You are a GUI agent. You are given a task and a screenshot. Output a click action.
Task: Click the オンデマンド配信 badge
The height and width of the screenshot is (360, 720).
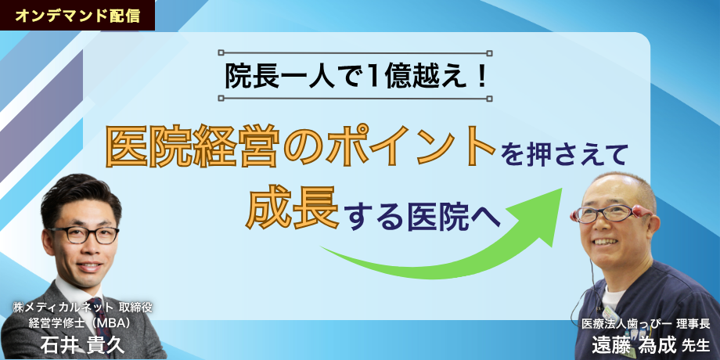point(77,15)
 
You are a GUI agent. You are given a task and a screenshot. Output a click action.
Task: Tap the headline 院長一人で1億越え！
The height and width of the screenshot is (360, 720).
point(356,76)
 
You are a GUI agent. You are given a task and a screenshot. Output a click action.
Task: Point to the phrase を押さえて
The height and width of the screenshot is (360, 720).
point(567,155)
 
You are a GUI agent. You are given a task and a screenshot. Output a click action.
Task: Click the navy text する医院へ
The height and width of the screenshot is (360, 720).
point(423,216)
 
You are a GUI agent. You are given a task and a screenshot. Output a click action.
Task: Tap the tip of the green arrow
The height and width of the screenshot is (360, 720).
point(562,189)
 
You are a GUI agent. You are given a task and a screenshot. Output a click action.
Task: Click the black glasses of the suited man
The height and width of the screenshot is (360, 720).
point(83,235)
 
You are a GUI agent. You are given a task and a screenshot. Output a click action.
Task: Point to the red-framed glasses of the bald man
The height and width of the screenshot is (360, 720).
point(610,213)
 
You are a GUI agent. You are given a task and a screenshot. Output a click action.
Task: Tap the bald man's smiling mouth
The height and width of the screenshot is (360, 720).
point(605,242)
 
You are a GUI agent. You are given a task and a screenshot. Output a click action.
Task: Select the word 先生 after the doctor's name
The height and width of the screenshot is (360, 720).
point(696,345)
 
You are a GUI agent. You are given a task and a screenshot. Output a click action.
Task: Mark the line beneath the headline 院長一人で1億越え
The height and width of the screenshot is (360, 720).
point(356,98)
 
